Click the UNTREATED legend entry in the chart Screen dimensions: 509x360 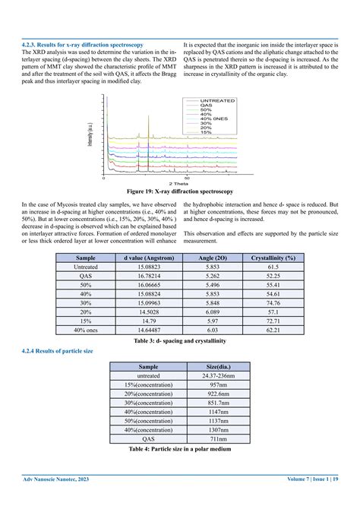pyautogui.click(x=217, y=100)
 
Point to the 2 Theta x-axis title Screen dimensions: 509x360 pyautogui.click(x=180, y=183)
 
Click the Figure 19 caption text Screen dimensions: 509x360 pyautogui.click(x=180, y=191)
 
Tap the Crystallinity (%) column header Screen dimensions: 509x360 pyautogui.click(x=273, y=258)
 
